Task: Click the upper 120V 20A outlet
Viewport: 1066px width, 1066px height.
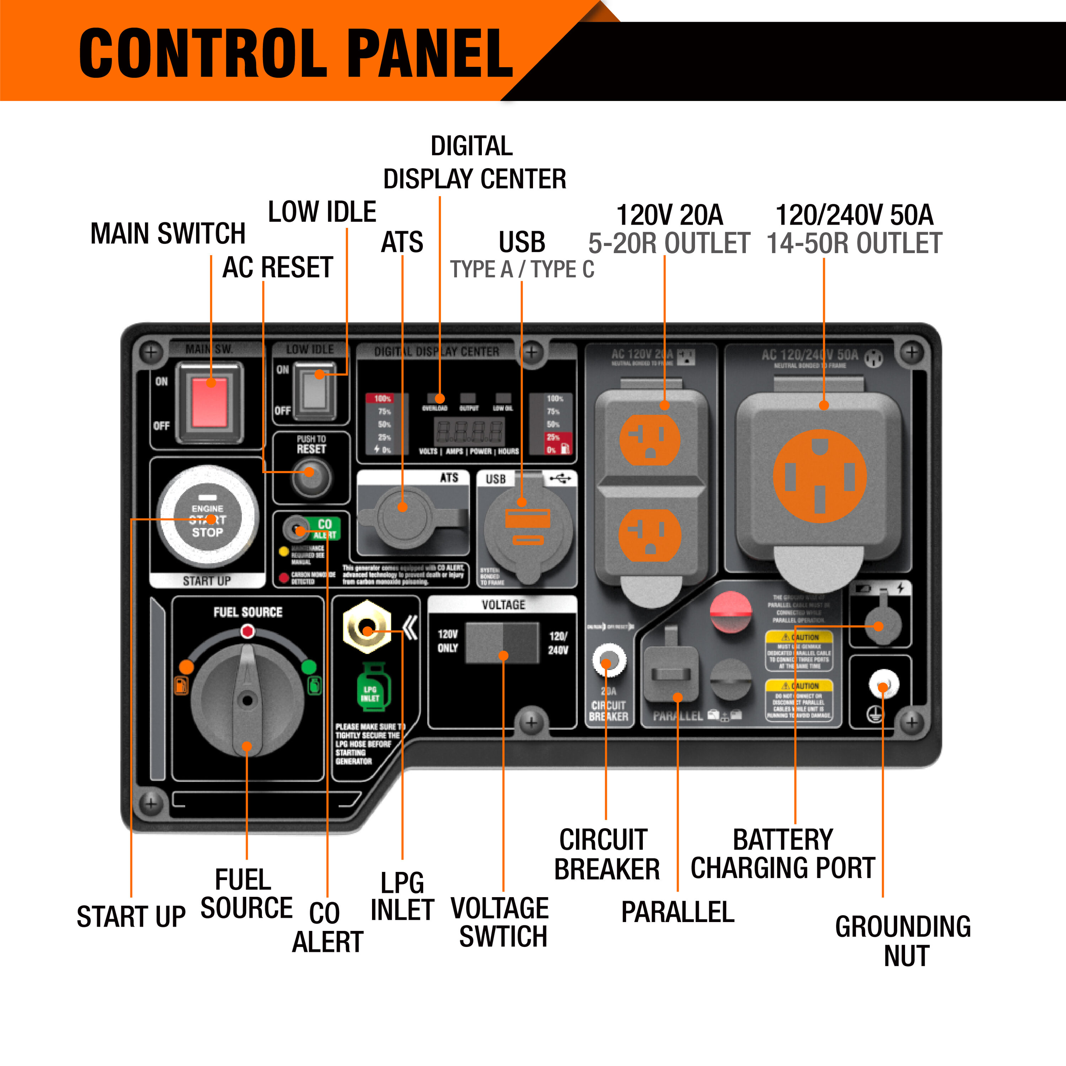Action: pyautogui.click(x=650, y=439)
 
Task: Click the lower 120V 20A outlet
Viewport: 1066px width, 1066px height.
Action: pyautogui.click(x=650, y=534)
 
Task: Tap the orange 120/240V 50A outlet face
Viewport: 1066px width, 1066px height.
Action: pyautogui.click(x=820, y=476)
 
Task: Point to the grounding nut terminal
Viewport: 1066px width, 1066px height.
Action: pyautogui.click(x=883, y=685)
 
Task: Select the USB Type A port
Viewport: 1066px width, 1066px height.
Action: pyautogui.click(x=527, y=519)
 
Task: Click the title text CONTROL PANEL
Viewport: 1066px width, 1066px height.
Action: pyautogui.click(x=296, y=54)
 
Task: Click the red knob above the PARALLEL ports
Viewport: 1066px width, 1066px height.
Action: pyautogui.click(x=731, y=611)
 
